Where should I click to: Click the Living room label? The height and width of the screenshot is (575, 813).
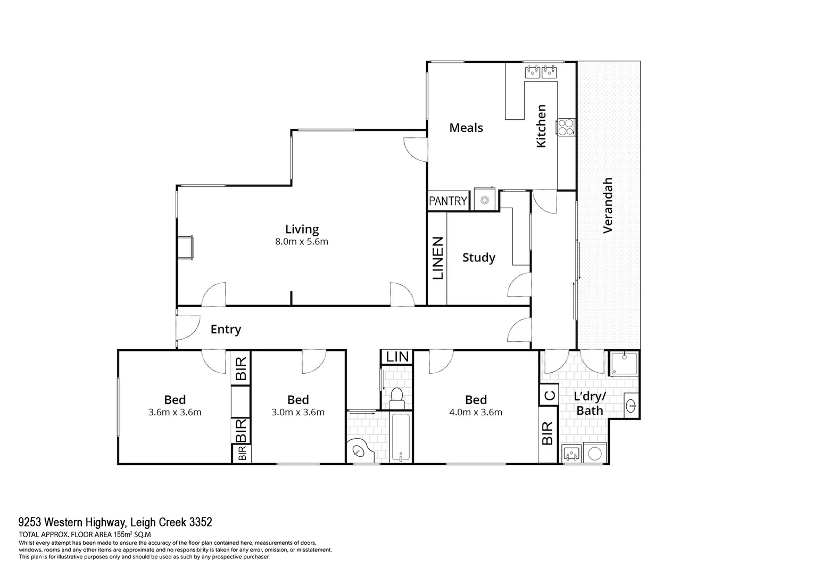tap(302, 229)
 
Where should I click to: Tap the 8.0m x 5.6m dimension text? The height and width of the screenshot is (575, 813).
tap(302, 242)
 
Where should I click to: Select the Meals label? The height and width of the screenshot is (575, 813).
tap(466, 128)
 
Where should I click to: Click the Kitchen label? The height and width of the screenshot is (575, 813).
tap(541, 126)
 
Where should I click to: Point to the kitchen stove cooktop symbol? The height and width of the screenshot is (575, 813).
tap(565, 127)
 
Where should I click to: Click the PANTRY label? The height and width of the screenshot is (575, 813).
tap(447, 201)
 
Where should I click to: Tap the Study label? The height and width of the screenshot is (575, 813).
tap(478, 258)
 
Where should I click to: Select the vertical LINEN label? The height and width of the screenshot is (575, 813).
tap(437, 258)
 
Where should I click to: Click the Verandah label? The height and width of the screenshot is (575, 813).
tap(608, 206)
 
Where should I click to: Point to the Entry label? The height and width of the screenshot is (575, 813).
tap(226, 330)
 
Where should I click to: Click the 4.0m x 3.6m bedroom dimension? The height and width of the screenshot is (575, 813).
tap(476, 412)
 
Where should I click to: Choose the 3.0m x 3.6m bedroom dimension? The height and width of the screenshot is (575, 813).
tap(298, 412)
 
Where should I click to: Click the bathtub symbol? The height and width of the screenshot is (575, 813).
tap(401, 438)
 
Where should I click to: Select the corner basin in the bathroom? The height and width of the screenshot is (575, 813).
tap(359, 452)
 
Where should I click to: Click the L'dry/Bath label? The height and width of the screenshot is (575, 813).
tap(590, 404)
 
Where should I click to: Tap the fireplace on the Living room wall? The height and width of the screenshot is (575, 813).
tap(186, 248)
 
